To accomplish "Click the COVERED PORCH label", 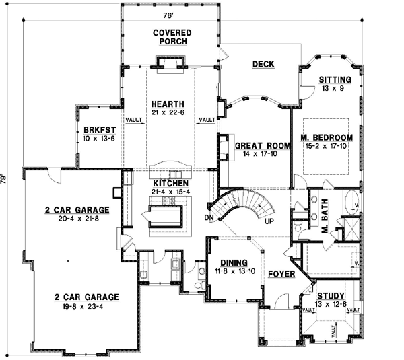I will click(x=172, y=37).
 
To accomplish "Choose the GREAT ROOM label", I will click(x=257, y=145).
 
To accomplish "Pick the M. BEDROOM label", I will click(x=324, y=137).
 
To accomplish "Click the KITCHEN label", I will click(x=170, y=183).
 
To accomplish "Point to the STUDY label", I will click(x=330, y=296).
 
